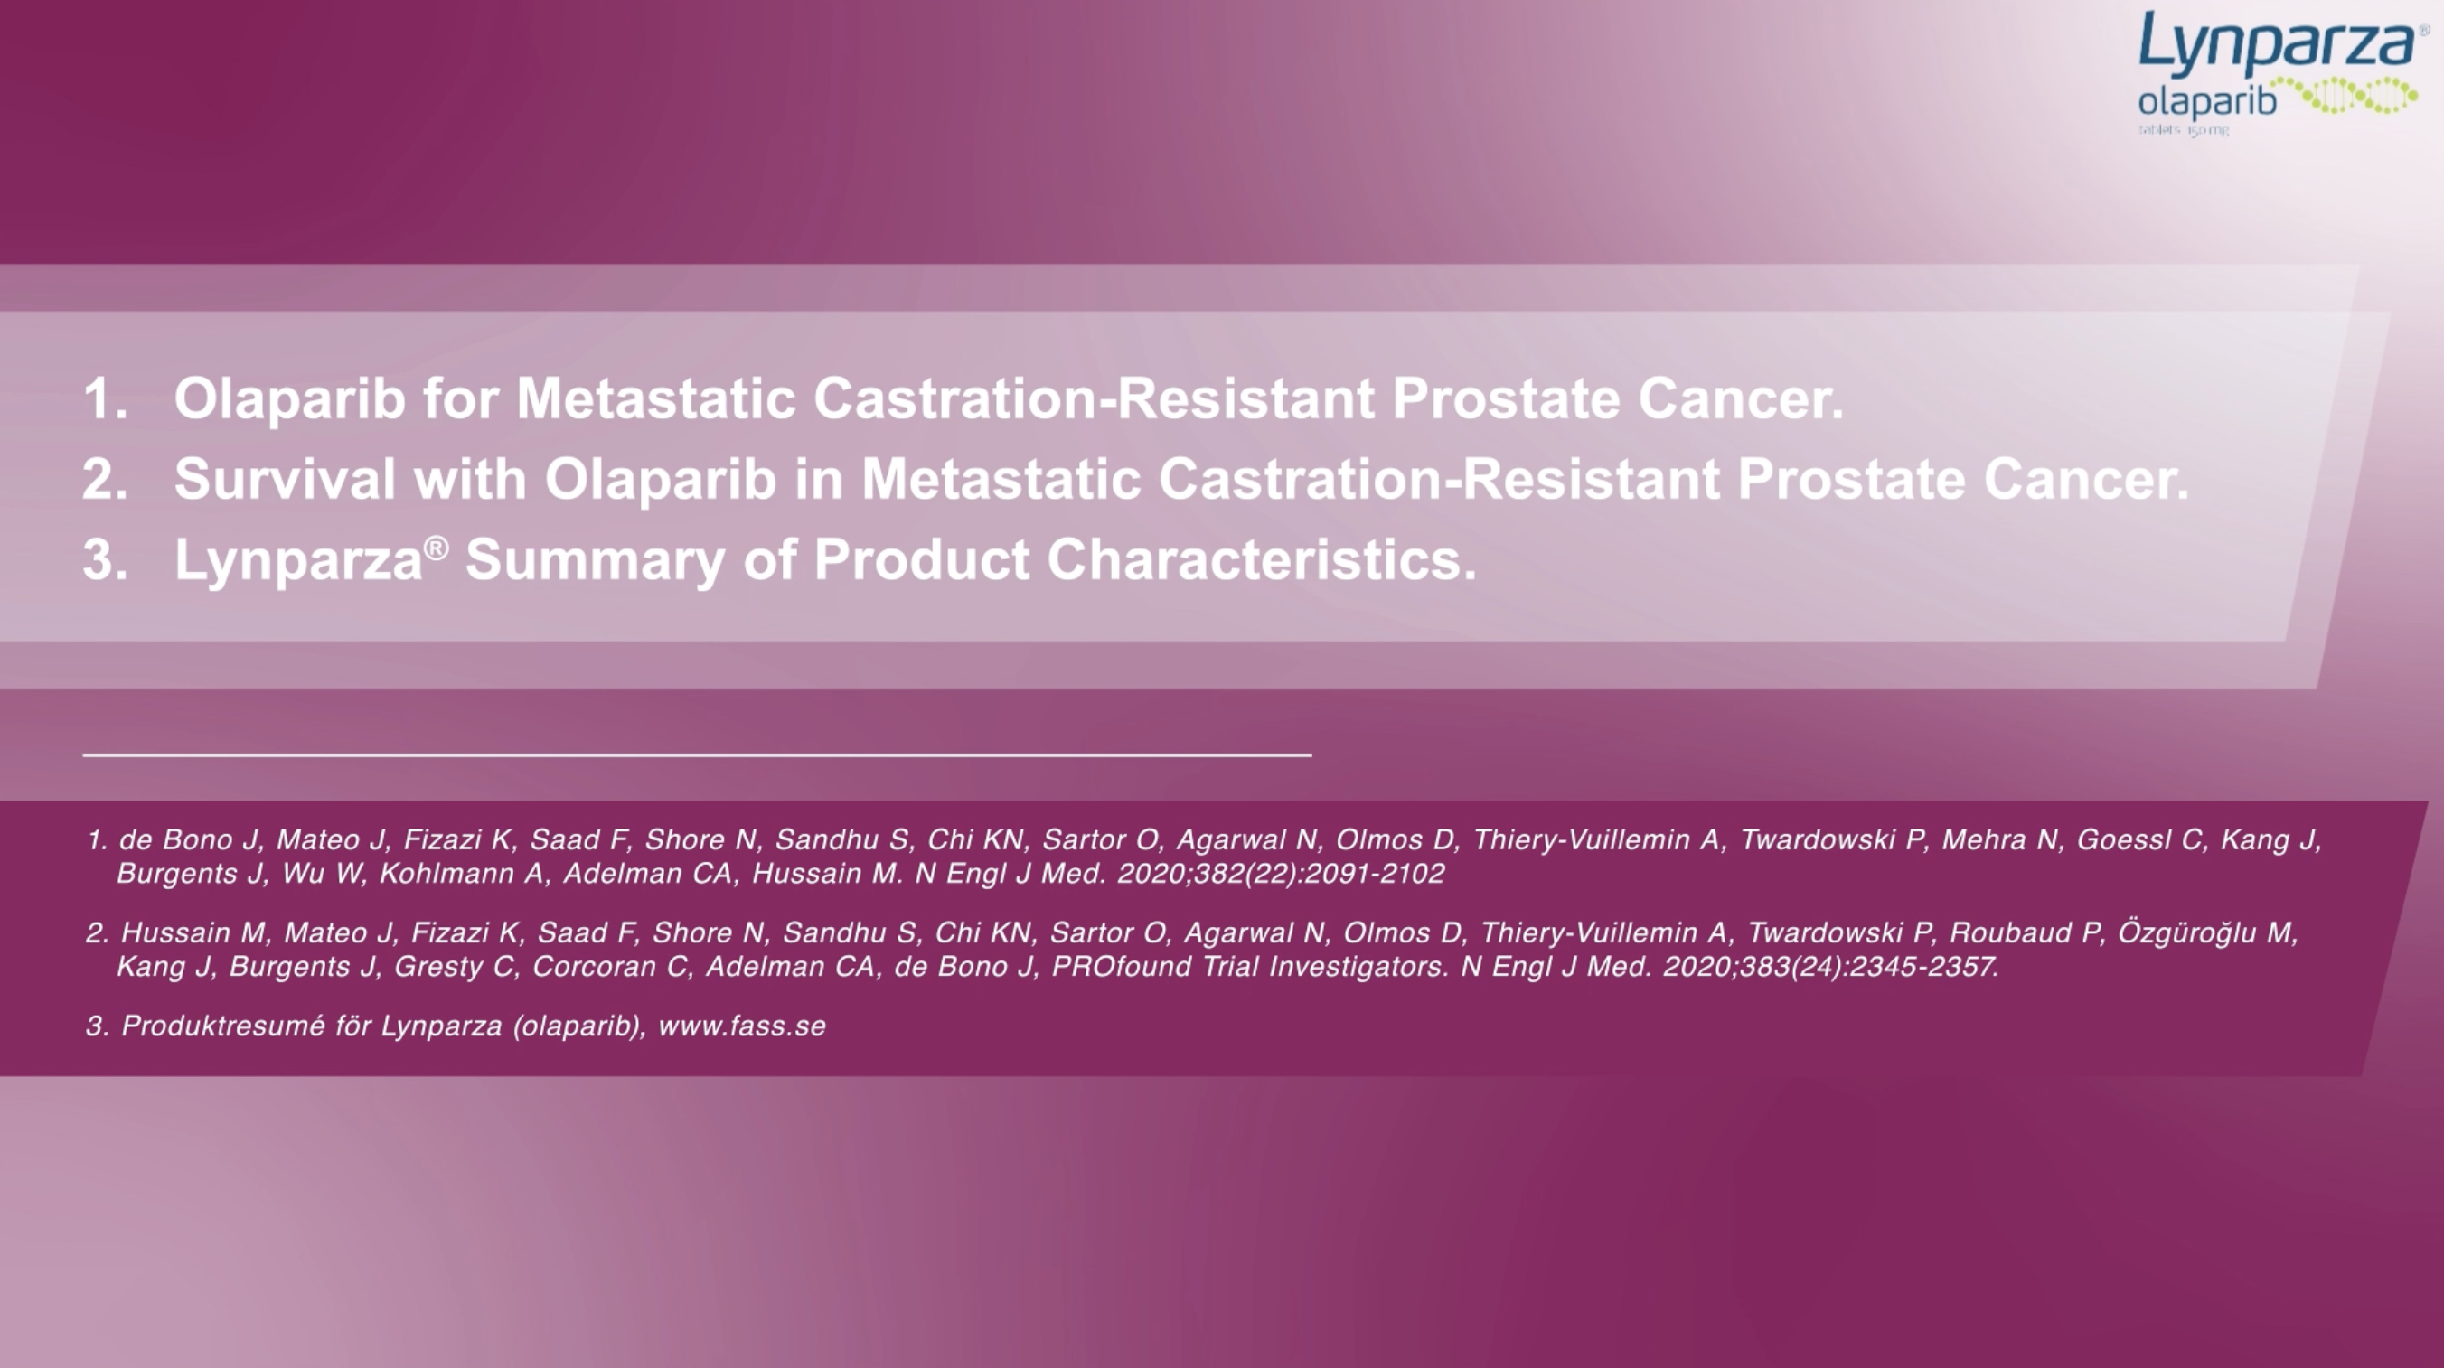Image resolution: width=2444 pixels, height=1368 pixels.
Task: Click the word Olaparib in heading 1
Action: [x=290, y=398]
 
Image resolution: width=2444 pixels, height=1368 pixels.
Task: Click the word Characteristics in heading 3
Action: [x=1261, y=558]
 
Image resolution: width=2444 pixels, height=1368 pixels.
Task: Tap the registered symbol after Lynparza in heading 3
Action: [x=436, y=548]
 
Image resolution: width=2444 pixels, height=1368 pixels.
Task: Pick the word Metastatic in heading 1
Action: [x=655, y=398]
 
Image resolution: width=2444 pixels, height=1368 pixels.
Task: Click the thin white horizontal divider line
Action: [x=698, y=755]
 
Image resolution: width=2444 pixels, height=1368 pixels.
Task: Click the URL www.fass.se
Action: [x=742, y=1026]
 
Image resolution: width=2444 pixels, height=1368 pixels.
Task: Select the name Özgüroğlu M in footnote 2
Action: [x=2206, y=932]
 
